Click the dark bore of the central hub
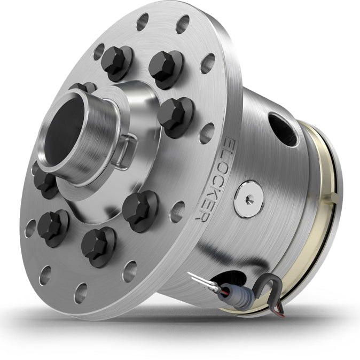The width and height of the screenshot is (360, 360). [x=64, y=130]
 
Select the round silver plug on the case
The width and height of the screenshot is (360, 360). [x=249, y=199]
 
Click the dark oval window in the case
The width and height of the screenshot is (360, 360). [x=283, y=130]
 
